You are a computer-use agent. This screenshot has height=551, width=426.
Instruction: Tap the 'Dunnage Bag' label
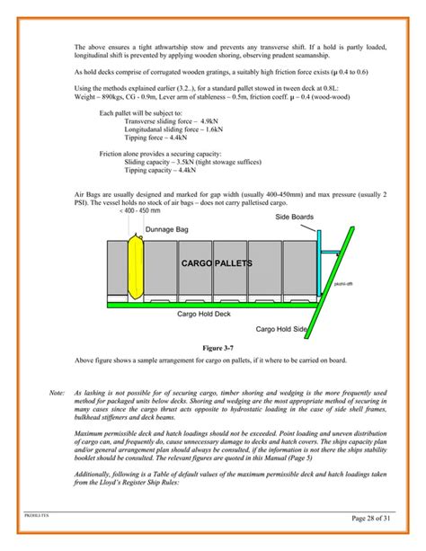(170, 230)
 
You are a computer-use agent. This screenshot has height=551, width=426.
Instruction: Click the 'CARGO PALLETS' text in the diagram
(217, 263)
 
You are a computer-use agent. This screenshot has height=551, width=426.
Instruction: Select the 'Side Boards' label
(294, 218)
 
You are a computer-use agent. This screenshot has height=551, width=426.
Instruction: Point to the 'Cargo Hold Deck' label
(204, 315)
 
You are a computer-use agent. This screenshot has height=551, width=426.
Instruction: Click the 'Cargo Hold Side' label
(282, 330)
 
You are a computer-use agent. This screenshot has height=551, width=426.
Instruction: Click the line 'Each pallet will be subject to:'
(144, 112)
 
